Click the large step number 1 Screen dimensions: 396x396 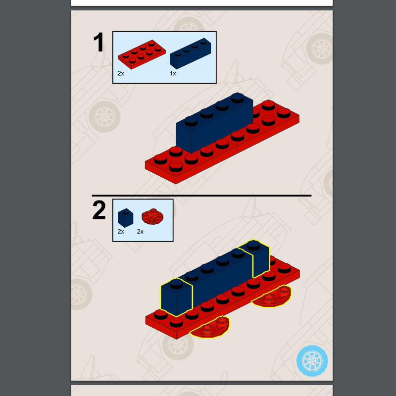[99, 43]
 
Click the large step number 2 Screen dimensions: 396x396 [99, 211]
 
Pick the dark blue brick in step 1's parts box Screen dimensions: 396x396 [191, 53]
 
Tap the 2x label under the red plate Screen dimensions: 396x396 [121, 73]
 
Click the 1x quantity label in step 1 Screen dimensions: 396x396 [173, 73]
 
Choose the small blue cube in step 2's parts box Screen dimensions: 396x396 [125, 218]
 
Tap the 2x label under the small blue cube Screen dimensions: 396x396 [121, 232]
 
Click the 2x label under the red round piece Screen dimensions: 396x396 [140, 232]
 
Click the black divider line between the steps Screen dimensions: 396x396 [201, 196]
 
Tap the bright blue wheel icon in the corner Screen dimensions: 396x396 [312, 360]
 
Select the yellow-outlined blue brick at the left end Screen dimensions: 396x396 [176, 297]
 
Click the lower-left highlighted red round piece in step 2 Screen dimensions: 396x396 [210, 327]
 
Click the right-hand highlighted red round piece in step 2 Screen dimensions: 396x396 [271, 297]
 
